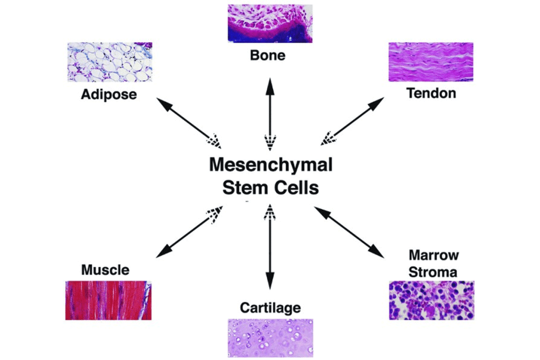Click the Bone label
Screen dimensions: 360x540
click(x=268, y=55)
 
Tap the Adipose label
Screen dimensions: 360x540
click(x=109, y=95)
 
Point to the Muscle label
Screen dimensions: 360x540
click(x=105, y=270)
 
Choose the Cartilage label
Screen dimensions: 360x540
click(x=270, y=307)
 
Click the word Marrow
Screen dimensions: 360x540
click(x=433, y=256)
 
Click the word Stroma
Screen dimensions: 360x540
click(x=433, y=272)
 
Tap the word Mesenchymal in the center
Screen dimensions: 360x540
click(x=271, y=165)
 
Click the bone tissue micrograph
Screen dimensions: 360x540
click(x=269, y=23)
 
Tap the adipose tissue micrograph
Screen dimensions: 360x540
click(x=110, y=62)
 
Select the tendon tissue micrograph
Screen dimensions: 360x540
click(x=431, y=62)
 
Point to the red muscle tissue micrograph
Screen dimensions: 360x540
click(x=108, y=300)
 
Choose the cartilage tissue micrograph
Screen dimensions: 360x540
click(x=270, y=338)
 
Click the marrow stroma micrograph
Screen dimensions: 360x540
click(x=431, y=300)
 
